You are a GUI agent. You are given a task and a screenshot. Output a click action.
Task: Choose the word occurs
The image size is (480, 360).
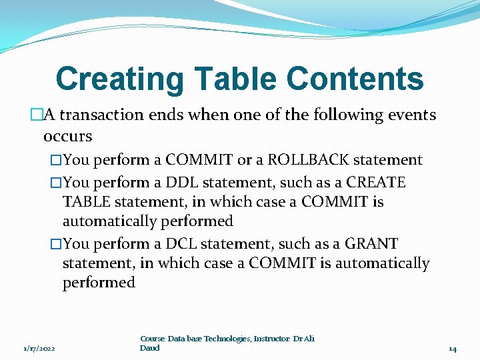tap(67, 137)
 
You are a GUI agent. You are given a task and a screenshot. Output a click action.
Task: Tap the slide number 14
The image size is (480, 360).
tap(453, 349)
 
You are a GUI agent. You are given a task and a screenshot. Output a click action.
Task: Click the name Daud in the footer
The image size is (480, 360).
tap(150, 348)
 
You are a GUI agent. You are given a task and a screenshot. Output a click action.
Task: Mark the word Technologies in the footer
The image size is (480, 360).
tap(223, 339)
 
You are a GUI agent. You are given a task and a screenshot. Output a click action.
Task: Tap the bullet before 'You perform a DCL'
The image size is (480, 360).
tap(56, 244)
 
